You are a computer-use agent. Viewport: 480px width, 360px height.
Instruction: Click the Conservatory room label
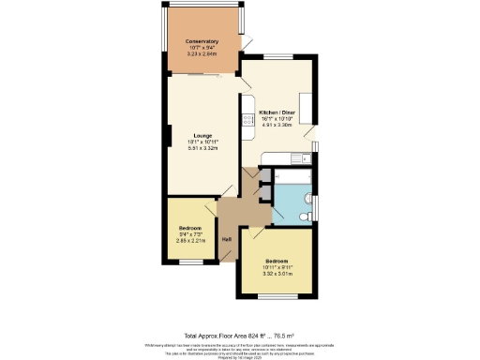pos(202,42)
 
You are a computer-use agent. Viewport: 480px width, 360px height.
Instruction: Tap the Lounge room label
pos(202,135)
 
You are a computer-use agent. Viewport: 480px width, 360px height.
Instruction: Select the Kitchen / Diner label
pos(277,112)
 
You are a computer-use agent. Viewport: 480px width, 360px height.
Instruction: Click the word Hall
pos(227,239)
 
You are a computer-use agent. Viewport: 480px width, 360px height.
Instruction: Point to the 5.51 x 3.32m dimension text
pos(202,148)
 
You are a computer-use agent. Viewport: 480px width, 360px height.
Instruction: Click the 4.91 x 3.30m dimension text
pos(277,125)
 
